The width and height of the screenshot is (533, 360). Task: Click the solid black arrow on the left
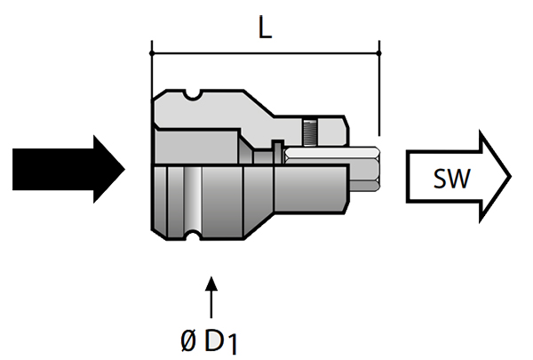67,170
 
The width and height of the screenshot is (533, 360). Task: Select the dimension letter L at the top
264,28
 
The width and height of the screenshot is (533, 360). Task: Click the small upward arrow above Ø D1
211,297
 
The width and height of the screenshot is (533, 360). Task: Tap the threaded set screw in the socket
308,134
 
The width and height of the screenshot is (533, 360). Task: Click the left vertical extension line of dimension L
152,67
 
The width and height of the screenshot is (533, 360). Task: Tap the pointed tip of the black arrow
128,170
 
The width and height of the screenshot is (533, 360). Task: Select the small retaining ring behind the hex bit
278,150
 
